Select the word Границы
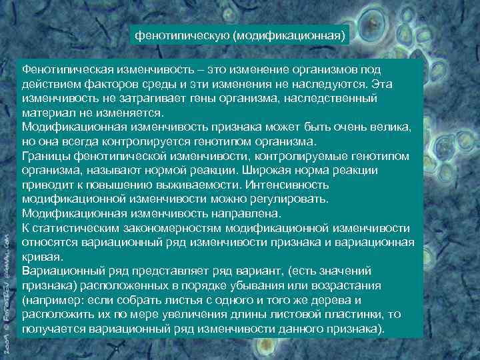pyautogui.click(x=45, y=156)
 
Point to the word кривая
pyautogui.click(x=42, y=257)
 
